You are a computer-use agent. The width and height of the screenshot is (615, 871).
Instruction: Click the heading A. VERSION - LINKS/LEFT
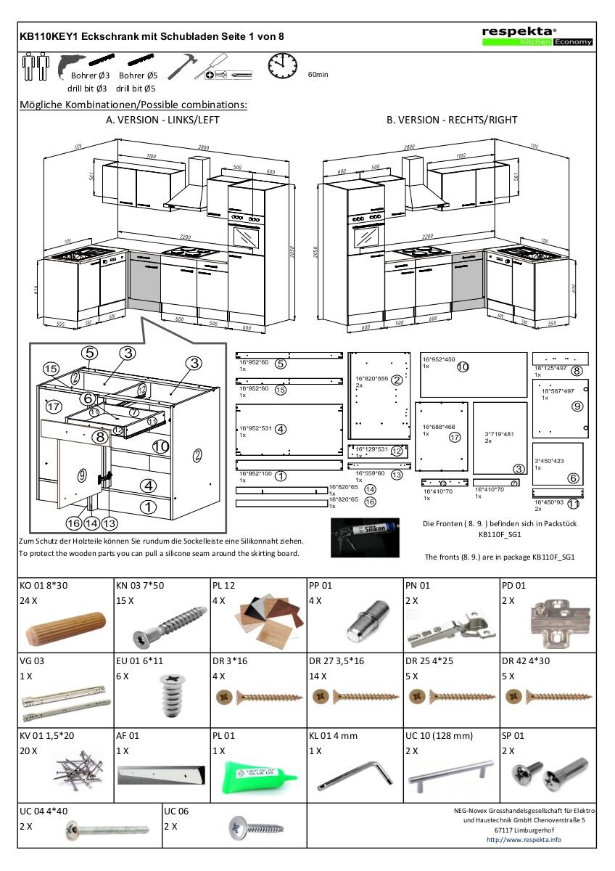(x=162, y=120)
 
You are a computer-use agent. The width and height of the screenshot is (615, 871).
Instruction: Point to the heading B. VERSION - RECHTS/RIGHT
(x=452, y=120)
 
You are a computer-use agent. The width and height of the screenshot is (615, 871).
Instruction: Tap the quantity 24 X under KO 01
(x=30, y=601)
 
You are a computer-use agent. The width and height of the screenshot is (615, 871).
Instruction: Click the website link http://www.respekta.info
(x=524, y=839)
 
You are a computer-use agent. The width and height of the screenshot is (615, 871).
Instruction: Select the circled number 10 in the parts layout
(x=463, y=367)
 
